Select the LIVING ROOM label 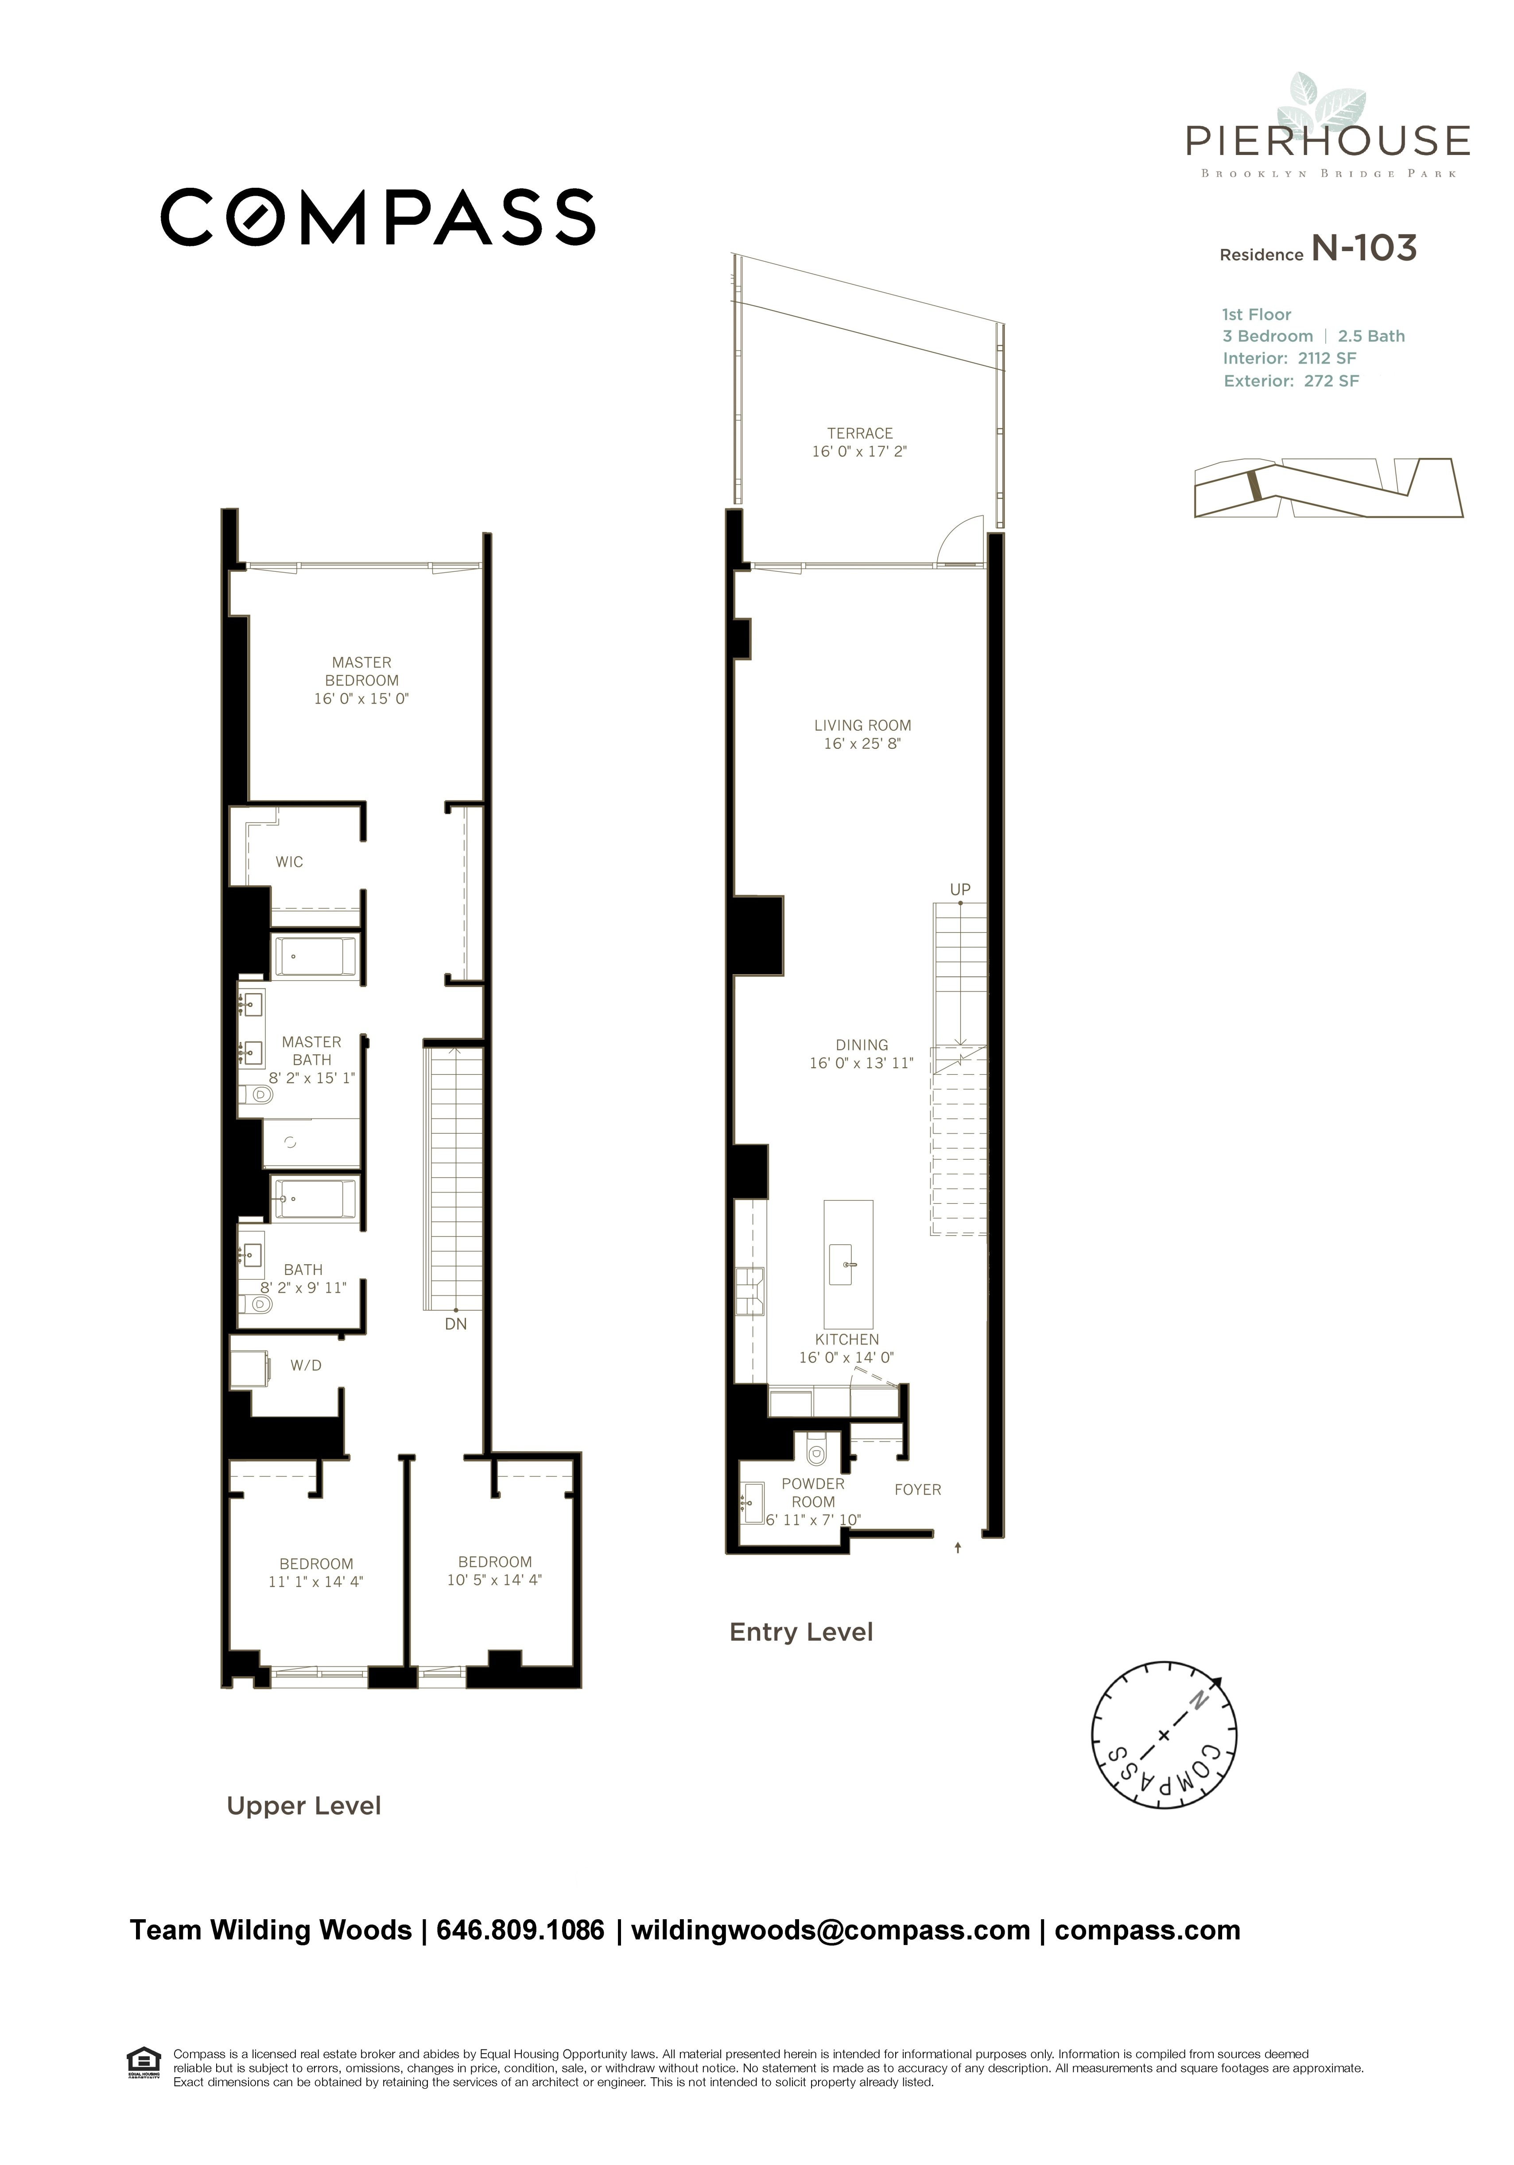pyautogui.click(x=862, y=725)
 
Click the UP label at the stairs pyautogui.click(x=960, y=889)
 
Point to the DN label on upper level pyautogui.click(x=456, y=1324)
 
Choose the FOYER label pyautogui.click(x=917, y=1490)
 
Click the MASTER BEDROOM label pyautogui.click(x=361, y=671)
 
